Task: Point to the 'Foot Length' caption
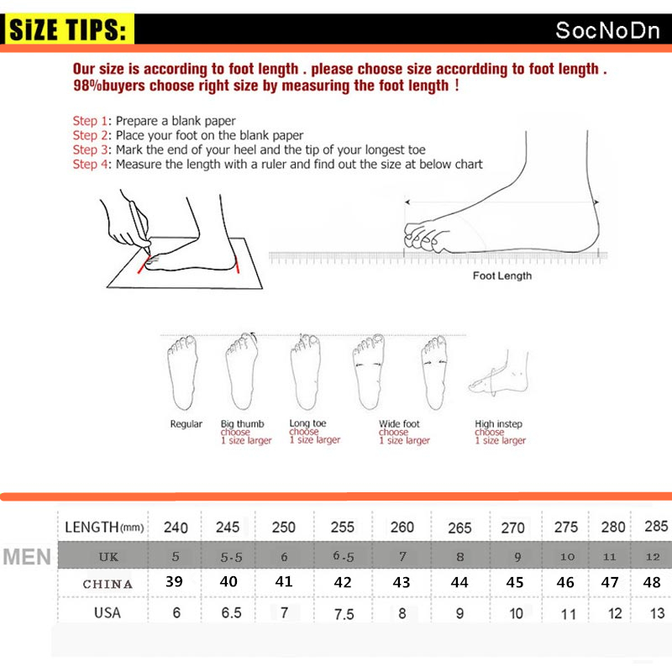[501, 276]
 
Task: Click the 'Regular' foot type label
[186, 424]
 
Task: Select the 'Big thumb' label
[242, 424]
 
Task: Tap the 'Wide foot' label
[399, 424]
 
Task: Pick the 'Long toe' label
[309, 424]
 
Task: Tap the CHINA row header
[108, 584]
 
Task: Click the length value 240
[176, 528]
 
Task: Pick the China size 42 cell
[342, 582]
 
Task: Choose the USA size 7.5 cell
[344, 614]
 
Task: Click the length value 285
[657, 527]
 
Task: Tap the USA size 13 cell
[656, 613]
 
